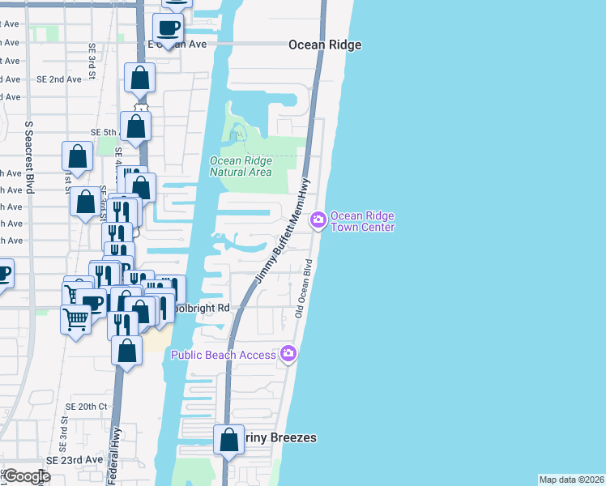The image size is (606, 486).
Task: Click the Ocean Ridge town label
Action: pyautogui.click(x=325, y=45)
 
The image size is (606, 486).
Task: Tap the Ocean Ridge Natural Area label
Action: pyautogui.click(x=241, y=166)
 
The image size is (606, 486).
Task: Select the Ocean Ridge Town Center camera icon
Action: pyautogui.click(x=318, y=219)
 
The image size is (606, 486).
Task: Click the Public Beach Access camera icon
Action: pyautogui.click(x=288, y=353)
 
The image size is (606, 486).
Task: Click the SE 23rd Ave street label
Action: pyautogui.click(x=75, y=459)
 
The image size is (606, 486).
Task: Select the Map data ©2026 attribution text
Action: pyautogui.click(x=571, y=480)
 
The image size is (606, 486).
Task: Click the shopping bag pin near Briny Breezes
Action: pyautogui.click(x=228, y=440)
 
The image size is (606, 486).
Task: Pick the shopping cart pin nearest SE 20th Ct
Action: pyautogui.click(x=76, y=318)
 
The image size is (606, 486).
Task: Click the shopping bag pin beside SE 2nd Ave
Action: pyautogui.click(x=139, y=79)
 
